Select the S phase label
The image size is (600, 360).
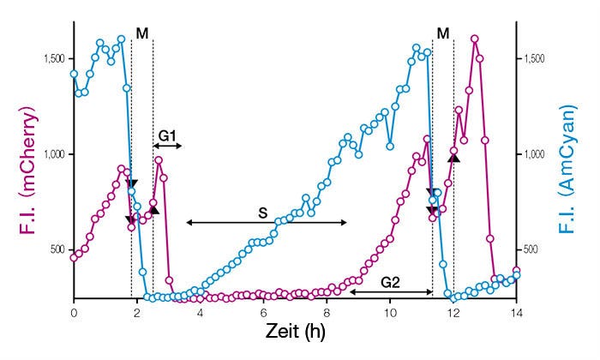pos(266,210)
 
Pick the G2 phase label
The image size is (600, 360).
pos(390,280)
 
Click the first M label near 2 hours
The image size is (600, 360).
pos(142,33)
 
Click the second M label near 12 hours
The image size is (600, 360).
pos(442,33)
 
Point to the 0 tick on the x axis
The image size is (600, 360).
pos(74,313)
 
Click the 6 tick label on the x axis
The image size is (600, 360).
pos(263,313)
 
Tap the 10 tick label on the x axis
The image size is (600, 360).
pos(390,313)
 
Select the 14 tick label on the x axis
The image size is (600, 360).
pos(516,313)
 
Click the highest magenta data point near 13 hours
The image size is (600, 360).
pos(475,39)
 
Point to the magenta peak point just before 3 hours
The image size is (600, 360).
pos(159,160)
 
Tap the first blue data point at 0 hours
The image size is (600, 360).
pos(74,74)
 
